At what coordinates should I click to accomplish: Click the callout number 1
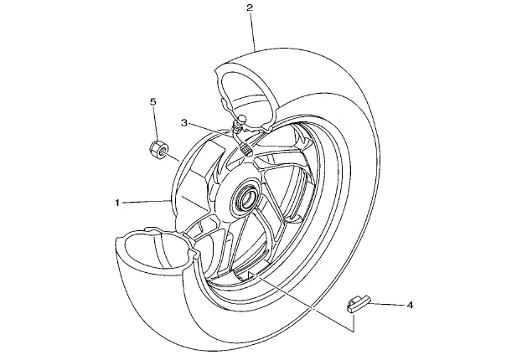pyautogui.click(x=117, y=203)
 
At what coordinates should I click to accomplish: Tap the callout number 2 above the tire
pyautogui.click(x=250, y=8)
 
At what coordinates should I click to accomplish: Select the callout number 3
pyautogui.click(x=183, y=123)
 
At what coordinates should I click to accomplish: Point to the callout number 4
pyautogui.click(x=410, y=306)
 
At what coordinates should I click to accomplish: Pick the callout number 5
pyautogui.click(x=153, y=102)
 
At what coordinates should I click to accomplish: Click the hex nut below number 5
pyautogui.click(x=158, y=149)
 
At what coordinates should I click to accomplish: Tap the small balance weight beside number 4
pyautogui.click(x=357, y=304)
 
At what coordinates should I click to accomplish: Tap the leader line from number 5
pyautogui.click(x=155, y=124)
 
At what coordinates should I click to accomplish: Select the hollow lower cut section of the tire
pyautogui.click(x=155, y=249)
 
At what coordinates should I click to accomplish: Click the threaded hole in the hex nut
pyautogui.click(x=163, y=153)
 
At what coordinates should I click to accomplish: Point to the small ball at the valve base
pyautogui.click(x=241, y=118)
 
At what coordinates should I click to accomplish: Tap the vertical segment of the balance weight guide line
pyautogui.click(x=354, y=321)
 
